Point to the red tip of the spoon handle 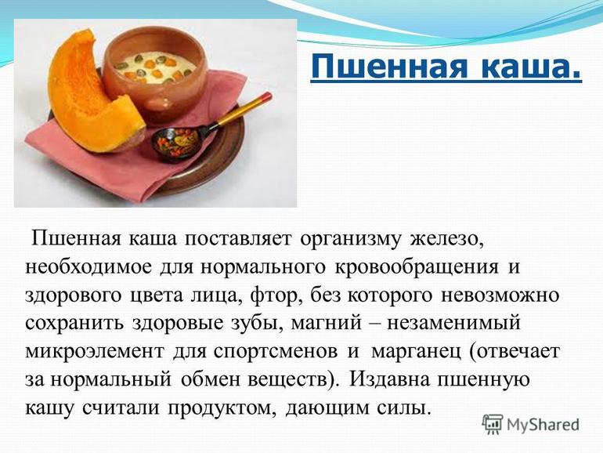(x=266, y=96)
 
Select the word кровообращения (x=417, y=267)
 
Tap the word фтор (x=275, y=295)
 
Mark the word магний (x=326, y=324)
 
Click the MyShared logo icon (x=493, y=425)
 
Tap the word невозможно (x=500, y=295)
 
